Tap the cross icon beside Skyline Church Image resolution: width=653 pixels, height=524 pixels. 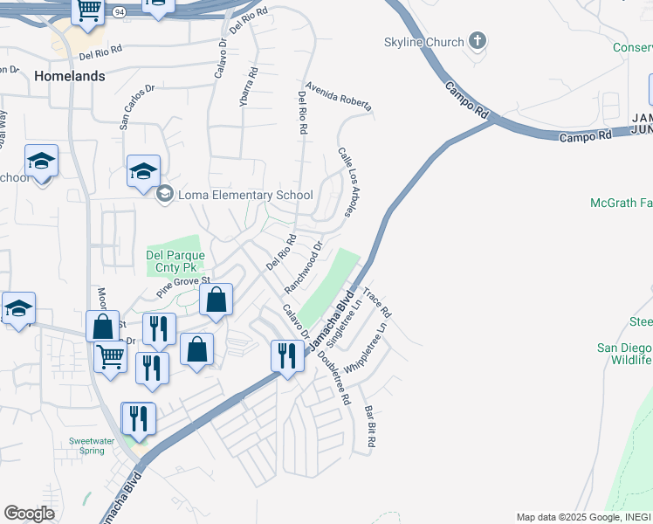tap(477, 40)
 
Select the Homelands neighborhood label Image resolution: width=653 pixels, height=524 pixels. tap(70, 76)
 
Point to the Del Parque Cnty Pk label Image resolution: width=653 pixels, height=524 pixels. tap(175, 261)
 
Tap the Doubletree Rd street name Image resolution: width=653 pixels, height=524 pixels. tap(334, 376)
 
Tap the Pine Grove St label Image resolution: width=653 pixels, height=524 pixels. tap(184, 286)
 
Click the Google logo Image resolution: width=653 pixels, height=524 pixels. tap(29, 513)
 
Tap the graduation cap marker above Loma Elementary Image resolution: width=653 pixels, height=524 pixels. tap(143, 171)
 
